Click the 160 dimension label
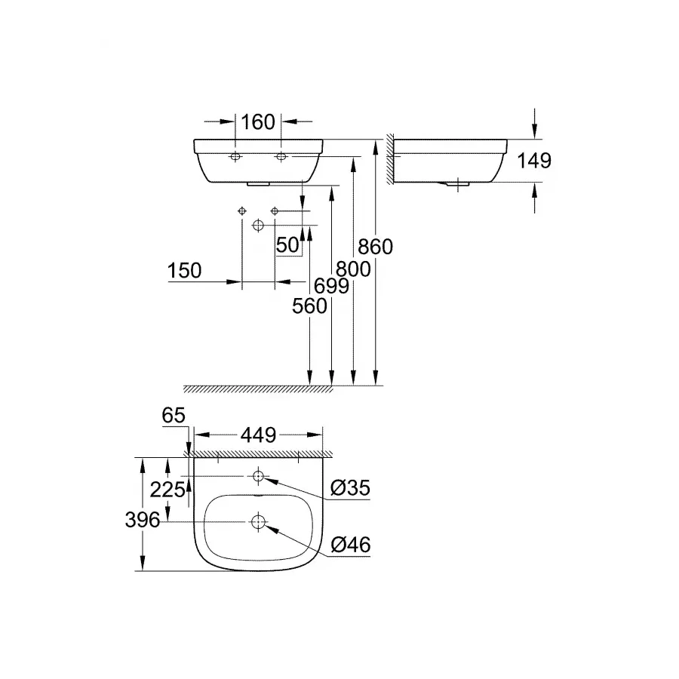(258, 121)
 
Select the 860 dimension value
(376, 247)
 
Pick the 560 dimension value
(310, 306)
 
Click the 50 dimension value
(287, 245)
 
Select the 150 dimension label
(186, 271)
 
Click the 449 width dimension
(258, 435)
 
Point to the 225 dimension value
(167, 490)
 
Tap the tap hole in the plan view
(259, 476)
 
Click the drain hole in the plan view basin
(259, 521)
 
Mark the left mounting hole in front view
(235, 157)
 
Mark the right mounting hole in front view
(281, 157)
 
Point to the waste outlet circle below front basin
(259, 226)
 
